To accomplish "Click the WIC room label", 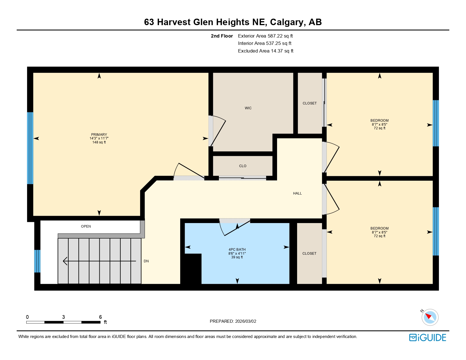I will [248, 108].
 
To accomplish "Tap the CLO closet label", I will [243, 166].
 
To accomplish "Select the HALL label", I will [297, 193].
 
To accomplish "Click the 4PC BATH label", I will [237, 250].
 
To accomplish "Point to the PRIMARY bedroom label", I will [99, 135].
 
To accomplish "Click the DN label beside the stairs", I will [146, 261].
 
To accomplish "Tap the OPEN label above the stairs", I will [86, 226].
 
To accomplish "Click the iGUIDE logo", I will [428, 338].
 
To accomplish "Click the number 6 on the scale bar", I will [100, 317].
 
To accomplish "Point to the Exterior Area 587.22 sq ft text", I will [265, 36].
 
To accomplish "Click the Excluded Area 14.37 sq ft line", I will [265, 51].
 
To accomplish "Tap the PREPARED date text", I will [233, 321].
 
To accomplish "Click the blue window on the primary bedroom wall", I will [30, 148].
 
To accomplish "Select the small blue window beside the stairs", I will [37, 261].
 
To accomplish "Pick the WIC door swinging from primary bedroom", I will [218, 131].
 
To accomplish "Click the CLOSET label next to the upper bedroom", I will [310, 103].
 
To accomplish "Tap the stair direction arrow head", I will [65, 261].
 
